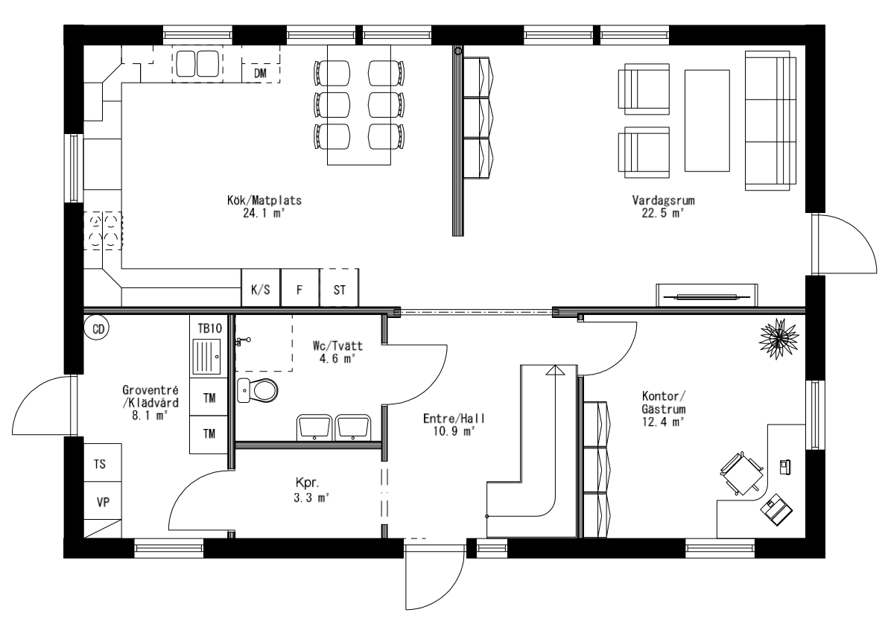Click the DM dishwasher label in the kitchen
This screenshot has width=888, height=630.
(260, 73)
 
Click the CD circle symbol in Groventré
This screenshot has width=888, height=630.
(97, 328)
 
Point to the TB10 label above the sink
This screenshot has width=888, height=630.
(209, 328)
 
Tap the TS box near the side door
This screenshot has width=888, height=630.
(99, 464)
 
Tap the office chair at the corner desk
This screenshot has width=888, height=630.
(741, 474)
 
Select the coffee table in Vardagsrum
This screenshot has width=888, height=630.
(707, 121)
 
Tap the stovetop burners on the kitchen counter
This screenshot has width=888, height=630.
(104, 229)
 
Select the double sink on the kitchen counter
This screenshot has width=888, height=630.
(196, 63)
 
